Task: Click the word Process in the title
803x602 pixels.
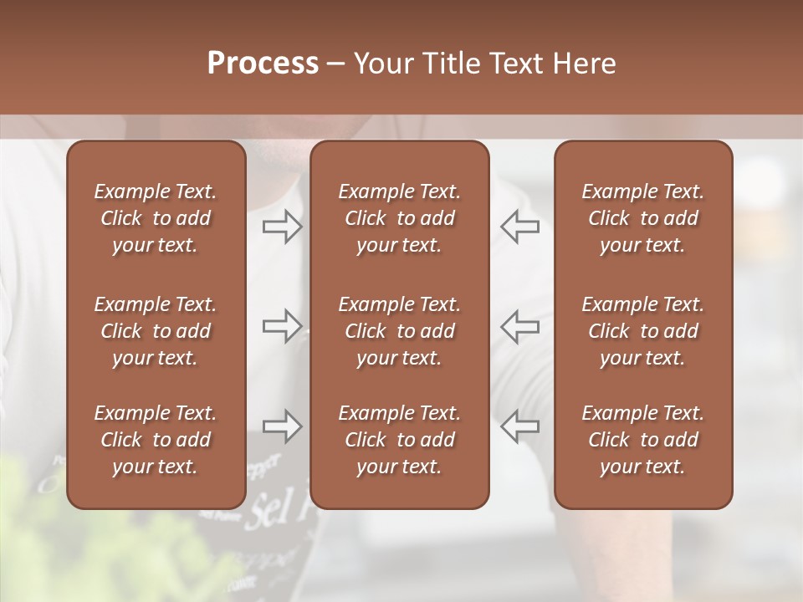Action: pos(263,64)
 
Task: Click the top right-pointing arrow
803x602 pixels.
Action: pos(282,227)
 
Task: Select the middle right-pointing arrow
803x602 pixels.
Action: pos(282,325)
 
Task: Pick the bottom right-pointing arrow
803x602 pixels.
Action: pos(282,426)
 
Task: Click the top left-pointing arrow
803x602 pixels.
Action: pos(519,227)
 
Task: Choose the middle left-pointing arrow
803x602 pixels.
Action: pos(519,325)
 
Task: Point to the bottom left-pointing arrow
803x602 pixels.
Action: pos(519,426)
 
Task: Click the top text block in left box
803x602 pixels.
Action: pos(156,218)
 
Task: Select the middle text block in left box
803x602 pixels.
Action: pos(156,331)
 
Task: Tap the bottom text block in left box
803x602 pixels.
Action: pos(156,440)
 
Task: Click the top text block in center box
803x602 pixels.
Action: pos(400,218)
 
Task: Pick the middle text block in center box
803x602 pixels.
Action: pos(400,331)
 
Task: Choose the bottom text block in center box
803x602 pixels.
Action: pos(400,440)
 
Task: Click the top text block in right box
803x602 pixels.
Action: pos(643,218)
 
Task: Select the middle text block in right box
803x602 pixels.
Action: pos(643,331)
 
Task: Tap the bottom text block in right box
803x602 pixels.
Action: pos(643,440)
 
